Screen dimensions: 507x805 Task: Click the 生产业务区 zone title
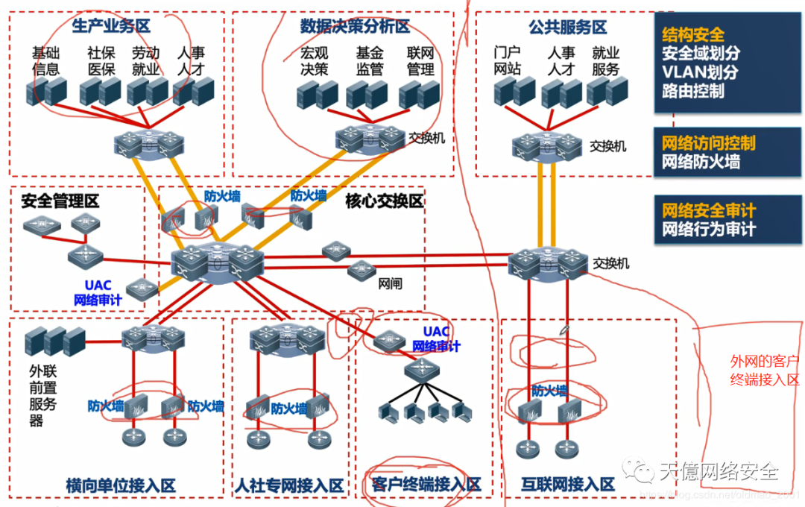111,27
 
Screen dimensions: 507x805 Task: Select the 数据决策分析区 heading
355,27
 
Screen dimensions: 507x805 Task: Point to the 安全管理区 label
60,201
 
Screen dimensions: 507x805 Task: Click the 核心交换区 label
384,201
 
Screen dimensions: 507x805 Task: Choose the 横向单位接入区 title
121,485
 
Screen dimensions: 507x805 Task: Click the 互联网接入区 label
568,485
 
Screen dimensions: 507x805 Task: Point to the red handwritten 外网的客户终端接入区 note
765,371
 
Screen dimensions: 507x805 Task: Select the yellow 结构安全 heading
692,34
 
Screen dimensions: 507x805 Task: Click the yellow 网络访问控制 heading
708,142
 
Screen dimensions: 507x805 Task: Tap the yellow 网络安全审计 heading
708,210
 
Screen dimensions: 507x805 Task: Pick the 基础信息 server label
45,61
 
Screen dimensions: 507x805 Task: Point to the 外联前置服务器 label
42,395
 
